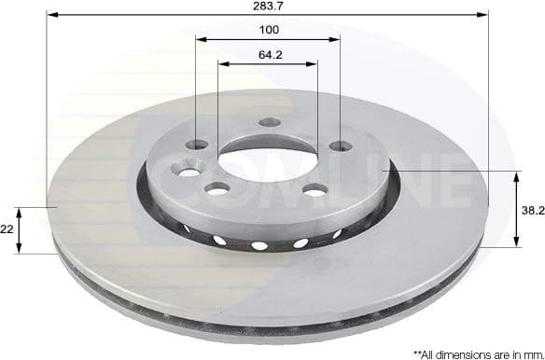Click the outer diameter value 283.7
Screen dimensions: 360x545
point(269,7)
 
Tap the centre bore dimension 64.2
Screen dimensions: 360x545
point(270,55)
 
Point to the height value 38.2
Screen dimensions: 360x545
point(532,211)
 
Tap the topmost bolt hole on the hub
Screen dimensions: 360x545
point(270,122)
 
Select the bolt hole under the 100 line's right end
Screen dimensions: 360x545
point(341,145)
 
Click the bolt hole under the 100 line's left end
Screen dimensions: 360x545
point(197,145)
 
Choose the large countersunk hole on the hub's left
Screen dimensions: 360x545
point(189,171)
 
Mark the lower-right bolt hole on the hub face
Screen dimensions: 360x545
point(315,190)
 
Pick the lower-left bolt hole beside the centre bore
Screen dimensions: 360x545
point(217,189)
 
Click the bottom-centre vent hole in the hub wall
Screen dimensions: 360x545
point(259,246)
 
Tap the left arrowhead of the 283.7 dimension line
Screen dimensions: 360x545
point(50,16)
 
